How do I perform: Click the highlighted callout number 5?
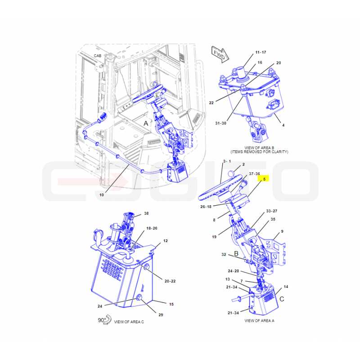tap(264, 179)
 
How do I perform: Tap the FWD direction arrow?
tap(220, 54)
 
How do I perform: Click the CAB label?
tap(97, 56)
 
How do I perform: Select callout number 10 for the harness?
tap(102, 195)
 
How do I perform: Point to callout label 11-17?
tap(261, 52)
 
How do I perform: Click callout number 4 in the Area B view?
tap(283, 125)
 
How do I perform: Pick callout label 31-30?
tap(220, 123)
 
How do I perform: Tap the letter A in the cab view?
tap(146, 123)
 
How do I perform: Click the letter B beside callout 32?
tap(236, 253)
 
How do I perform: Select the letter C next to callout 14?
tap(282, 299)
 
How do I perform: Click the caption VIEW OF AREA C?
tap(129, 322)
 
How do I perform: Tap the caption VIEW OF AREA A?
tap(260, 320)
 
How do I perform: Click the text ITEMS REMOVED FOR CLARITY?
tap(260, 152)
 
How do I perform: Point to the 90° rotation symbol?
tap(104, 320)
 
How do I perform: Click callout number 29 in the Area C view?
tap(161, 315)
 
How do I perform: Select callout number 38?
tap(146, 213)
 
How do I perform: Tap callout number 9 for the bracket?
tap(282, 231)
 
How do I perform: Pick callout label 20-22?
tap(170, 281)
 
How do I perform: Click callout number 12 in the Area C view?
tap(166, 241)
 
